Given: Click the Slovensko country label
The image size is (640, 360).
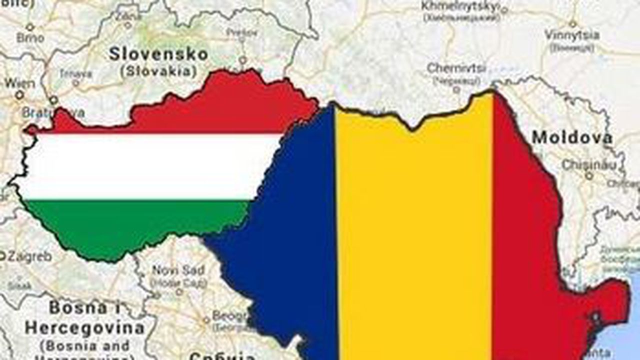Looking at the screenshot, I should [158, 54].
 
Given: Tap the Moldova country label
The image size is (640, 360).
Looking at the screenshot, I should [572, 137].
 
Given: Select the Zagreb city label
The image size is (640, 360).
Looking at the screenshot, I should [28, 257].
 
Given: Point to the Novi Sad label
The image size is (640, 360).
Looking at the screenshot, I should [178, 270].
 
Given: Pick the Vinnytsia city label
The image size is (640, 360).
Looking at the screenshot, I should [571, 35].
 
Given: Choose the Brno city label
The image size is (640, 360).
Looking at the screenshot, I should [30, 37].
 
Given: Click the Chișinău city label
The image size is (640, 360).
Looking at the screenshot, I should [585, 164].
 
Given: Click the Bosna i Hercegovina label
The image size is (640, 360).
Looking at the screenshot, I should [84, 318].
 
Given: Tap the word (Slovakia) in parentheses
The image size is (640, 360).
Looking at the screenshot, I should [158, 71].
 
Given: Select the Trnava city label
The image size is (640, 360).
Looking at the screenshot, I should [75, 73].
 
